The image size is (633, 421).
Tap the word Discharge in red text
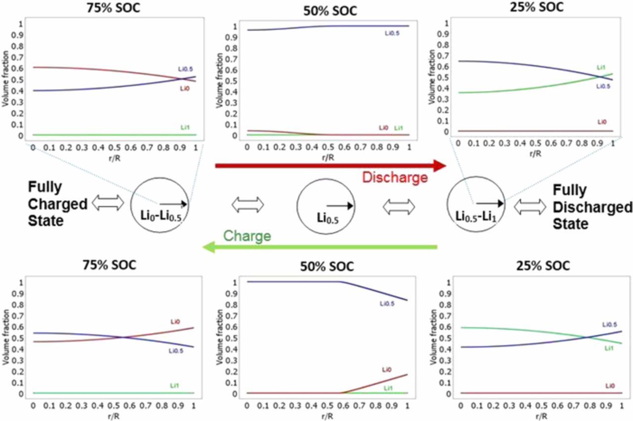(395, 178)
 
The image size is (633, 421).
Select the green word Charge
(247, 236)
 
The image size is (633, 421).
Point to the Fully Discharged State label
(591, 208)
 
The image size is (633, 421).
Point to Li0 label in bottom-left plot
(176, 322)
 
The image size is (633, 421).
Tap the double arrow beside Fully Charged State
(108, 203)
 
